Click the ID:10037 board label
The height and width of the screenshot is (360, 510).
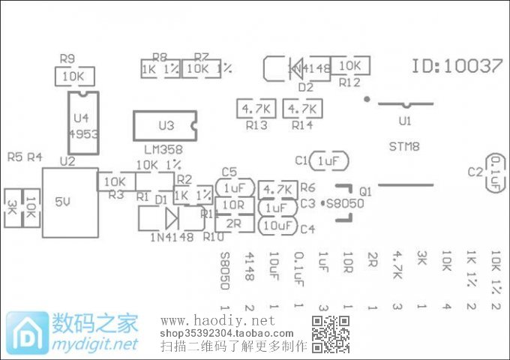457,66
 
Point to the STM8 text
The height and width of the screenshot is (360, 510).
404,145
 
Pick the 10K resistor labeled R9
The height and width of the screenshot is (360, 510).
73,76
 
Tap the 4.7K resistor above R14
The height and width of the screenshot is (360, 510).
302,109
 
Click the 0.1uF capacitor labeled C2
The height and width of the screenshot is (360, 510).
495,174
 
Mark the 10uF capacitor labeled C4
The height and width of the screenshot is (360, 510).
277,225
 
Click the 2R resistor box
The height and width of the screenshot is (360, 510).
233,223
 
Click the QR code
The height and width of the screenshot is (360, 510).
331,334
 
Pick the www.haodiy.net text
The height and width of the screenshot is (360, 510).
218,321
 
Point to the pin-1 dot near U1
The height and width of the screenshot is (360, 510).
366,98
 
